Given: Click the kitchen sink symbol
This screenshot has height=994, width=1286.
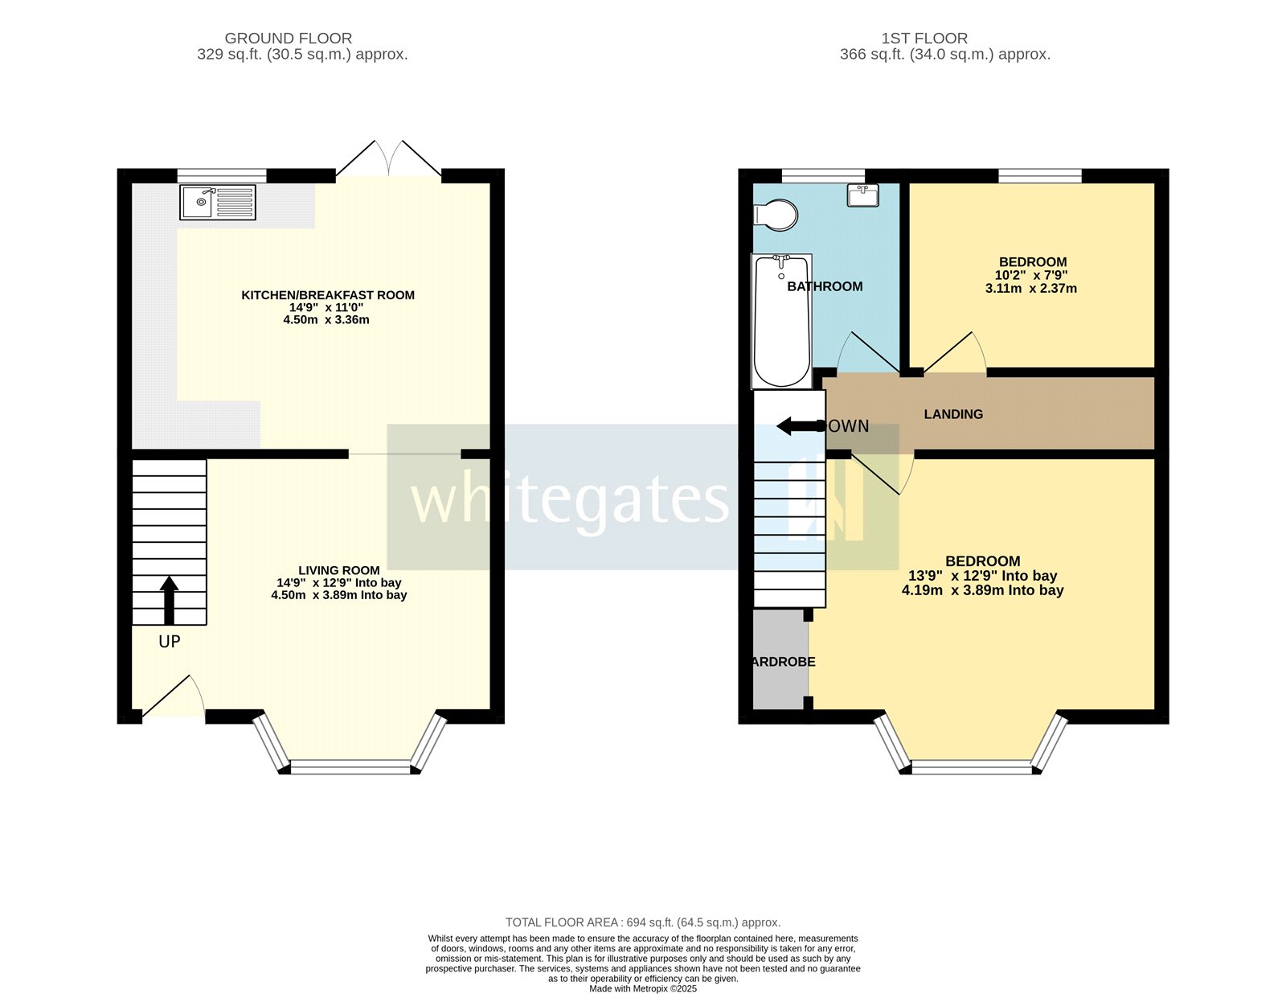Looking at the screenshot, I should [218, 202].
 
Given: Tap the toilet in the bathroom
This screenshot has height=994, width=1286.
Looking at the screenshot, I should [776, 215].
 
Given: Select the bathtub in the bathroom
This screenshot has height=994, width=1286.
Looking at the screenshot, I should [781, 321].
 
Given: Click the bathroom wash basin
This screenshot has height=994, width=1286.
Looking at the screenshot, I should [862, 195].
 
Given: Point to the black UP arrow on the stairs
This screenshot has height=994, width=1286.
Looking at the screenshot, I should [169, 600].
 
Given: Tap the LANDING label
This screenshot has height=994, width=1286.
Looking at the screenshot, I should [953, 414].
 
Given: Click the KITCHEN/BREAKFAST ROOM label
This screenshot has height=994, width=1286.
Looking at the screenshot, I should [328, 295].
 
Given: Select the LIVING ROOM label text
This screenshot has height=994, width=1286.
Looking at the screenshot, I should [338, 570].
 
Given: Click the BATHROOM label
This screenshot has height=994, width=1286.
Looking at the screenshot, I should [825, 286].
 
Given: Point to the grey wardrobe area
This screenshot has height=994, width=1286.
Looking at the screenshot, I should [780, 659].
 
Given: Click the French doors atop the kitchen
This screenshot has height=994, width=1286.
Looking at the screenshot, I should [388, 159].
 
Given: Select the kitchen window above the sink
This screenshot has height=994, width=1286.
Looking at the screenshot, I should [222, 175].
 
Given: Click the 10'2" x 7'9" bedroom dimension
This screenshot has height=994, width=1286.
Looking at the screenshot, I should [1031, 275].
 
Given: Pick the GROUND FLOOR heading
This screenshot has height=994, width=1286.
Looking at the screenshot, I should [288, 38].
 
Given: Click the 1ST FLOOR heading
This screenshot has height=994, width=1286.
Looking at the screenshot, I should [924, 38].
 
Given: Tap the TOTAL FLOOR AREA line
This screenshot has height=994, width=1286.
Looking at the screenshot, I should [643, 922].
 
